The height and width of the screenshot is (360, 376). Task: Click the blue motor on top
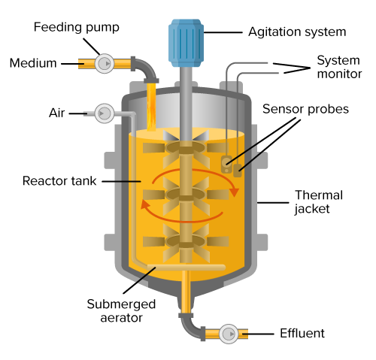(x=186, y=43)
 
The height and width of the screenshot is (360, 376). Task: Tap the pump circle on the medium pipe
(x=105, y=64)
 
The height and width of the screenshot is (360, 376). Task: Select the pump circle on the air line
(x=105, y=113)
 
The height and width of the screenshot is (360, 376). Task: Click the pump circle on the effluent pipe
(x=229, y=334)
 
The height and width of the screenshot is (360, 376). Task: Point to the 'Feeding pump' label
(x=77, y=27)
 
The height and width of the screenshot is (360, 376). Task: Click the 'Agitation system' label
(x=297, y=32)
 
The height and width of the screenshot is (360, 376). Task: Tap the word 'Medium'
(x=33, y=63)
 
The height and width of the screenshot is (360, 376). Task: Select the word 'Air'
(x=57, y=113)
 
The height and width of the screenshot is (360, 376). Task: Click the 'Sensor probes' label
(x=305, y=109)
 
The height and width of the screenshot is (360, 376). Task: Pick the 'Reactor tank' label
(x=59, y=181)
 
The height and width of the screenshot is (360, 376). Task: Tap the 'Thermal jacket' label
(x=319, y=202)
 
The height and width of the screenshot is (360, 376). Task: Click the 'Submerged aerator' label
(x=121, y=311)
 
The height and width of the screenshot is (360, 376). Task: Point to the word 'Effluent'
(x=302, y=334)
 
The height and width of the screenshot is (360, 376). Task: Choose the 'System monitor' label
(x=339, y=67)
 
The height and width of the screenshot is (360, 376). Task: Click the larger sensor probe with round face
(x=226, y=164)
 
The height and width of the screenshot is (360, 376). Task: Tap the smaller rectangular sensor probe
(x=238, y=171)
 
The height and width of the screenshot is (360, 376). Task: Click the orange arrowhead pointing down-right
(x=234, y=192)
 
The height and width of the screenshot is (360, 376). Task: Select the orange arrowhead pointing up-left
(x=145, y=204)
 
